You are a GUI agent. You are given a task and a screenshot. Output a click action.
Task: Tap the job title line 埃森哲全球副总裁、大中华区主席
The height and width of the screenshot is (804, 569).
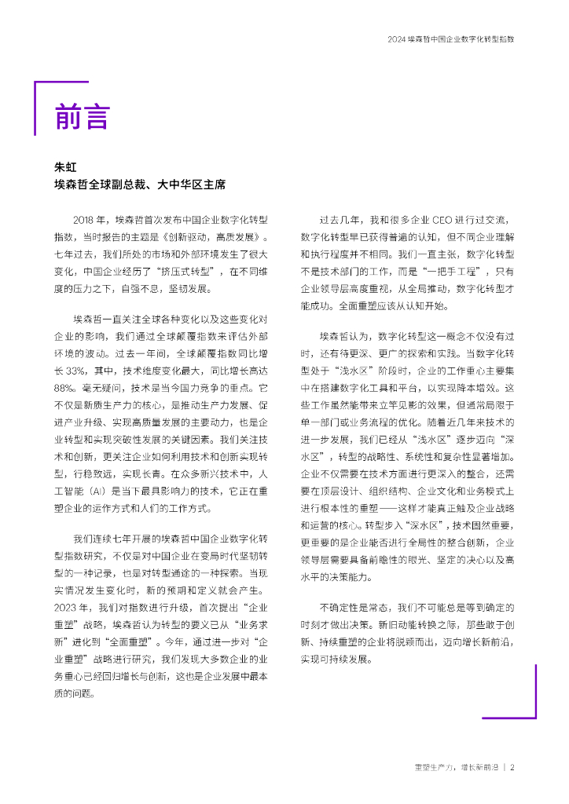click(139, 185)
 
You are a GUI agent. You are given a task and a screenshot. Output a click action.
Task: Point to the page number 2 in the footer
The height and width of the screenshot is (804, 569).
click(512, 767)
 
